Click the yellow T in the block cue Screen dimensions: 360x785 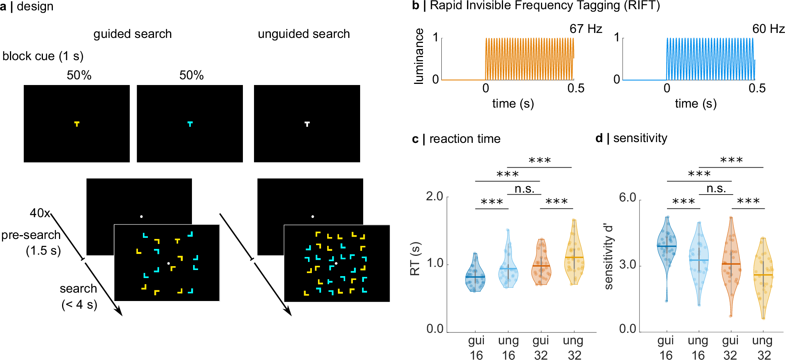click(x=77, y=124)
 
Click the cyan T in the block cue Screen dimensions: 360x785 click(x=190, y=124)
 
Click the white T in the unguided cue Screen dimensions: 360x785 click(x=307, y=124)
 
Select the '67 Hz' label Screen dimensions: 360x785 click(x=585, y=29)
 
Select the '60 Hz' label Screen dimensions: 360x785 click(x=768, y=29)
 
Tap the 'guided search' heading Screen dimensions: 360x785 click(x=133, y=34)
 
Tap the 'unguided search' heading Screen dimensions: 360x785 click(x=304, y=34)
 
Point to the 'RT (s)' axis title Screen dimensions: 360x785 click(x=415, y=259)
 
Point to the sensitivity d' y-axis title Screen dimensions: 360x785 click(x=608, y=257)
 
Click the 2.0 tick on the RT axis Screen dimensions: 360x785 click(x=434, y=196)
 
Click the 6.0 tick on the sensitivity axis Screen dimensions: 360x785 click(x=628, y=198)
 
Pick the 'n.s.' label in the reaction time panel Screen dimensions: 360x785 click(x=524, y=189)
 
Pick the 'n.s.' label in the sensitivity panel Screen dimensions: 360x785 click(x=716, y=189)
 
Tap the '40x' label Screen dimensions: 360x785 click(x=40, y=213)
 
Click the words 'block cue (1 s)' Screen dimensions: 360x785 click(x=43, y=56)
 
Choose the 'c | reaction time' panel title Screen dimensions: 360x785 click(x=456, y=139)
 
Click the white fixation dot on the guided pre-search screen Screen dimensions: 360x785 click(x=141, y=217)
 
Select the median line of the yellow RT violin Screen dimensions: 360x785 click(x=574, y=257)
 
